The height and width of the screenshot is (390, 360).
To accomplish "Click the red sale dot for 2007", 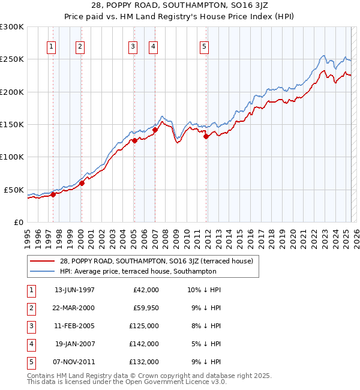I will click(155, 130).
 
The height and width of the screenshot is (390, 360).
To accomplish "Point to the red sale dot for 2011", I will click(206, 136).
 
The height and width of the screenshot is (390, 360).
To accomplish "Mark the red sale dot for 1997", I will click(53, 194).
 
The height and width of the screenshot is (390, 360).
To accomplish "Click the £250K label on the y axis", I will click(12, 59).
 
